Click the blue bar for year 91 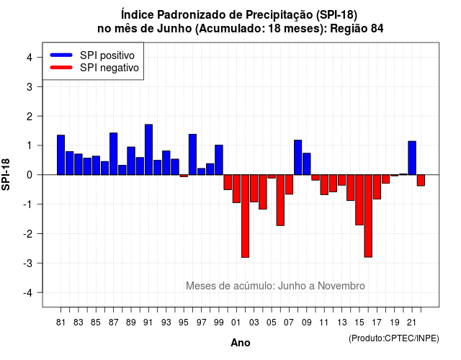click(x=149, y=150)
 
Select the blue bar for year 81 click(x=61, y=155)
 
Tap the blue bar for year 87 click(x=114, y=153)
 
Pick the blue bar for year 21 click(x=412, y=158)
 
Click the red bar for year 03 click(x=254, y=189)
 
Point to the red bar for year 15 click(x=359, y=200)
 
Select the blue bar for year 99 click(x=219, y=160)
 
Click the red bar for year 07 click(x=290, y=184)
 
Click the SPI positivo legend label click(x=107, y=55)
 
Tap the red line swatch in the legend click(x=61, y=67)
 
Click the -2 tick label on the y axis click(x=28, y=233)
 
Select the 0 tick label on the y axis click(x=30, y=175)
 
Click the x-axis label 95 click(x=184, y=323)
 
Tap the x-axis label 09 click(x=307, y=323)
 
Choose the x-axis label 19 click(x=395, y=323)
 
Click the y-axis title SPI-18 click(x=6, y=174)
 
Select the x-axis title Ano click(x=241, y=343)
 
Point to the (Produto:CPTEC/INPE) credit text click(x=394, y=338)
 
